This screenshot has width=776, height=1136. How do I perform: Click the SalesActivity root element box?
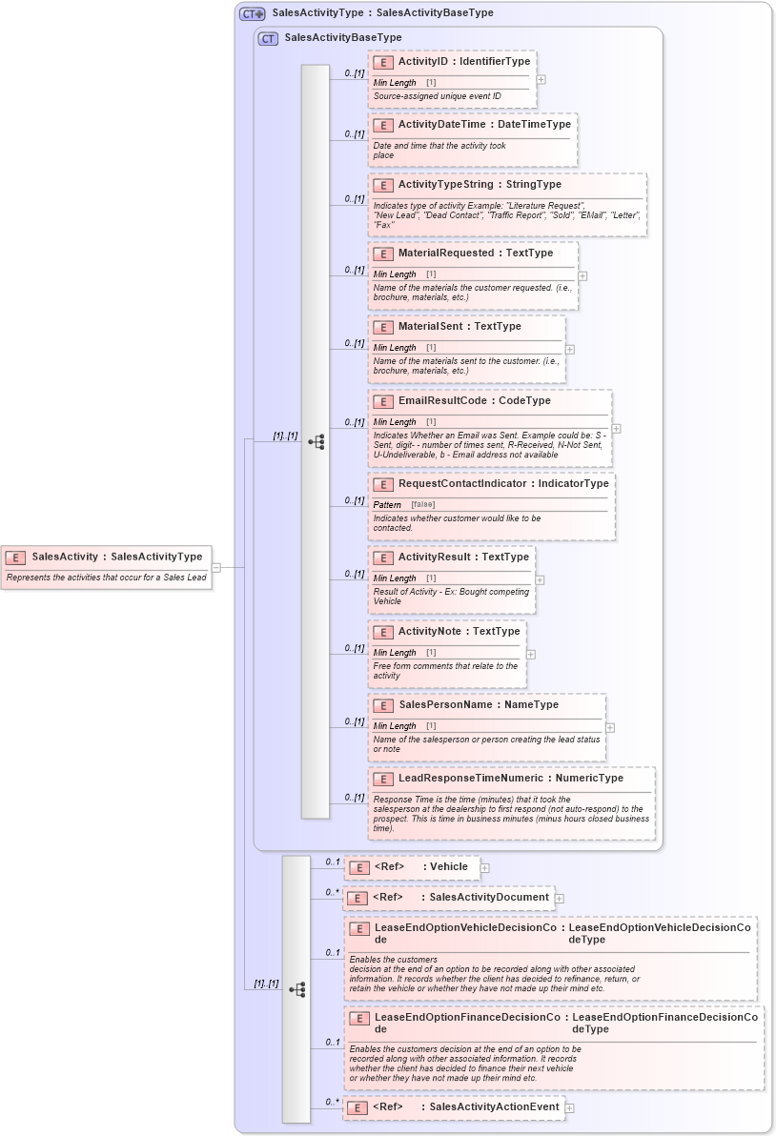107,567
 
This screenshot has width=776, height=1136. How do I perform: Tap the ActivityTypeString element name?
445,184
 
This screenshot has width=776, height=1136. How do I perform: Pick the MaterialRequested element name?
446,254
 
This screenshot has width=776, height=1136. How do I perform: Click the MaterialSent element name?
434,326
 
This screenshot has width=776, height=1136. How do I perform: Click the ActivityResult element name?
437,557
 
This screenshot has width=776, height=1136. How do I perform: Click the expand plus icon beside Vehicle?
485,867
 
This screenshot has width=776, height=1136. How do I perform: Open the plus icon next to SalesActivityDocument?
560,898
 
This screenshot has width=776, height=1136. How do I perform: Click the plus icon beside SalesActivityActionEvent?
570,1107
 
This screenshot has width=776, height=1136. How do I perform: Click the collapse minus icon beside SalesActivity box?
216,567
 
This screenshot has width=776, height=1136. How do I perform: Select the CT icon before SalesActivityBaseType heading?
268,38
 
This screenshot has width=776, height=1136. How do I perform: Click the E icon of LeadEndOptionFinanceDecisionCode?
358,1018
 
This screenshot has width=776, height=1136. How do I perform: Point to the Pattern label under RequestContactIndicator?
387,504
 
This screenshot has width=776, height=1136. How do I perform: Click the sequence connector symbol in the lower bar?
296,989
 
